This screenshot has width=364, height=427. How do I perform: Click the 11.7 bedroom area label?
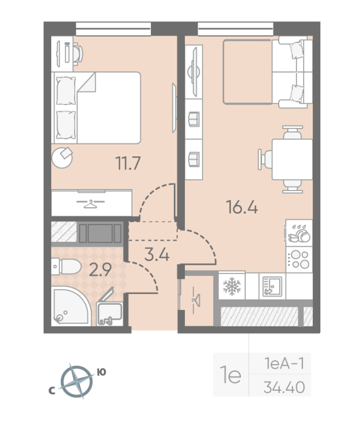(128, 163)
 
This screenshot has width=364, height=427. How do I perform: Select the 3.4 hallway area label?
(157, 254)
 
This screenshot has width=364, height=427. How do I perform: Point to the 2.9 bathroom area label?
(101, 270)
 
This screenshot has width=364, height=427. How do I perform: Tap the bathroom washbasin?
(110, 312)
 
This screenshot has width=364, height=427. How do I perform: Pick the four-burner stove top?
(298, 259)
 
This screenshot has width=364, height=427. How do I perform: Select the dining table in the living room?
(292, 160)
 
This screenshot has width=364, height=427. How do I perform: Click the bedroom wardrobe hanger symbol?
(92, 202)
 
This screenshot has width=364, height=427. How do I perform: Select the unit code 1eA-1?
(284, 364)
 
